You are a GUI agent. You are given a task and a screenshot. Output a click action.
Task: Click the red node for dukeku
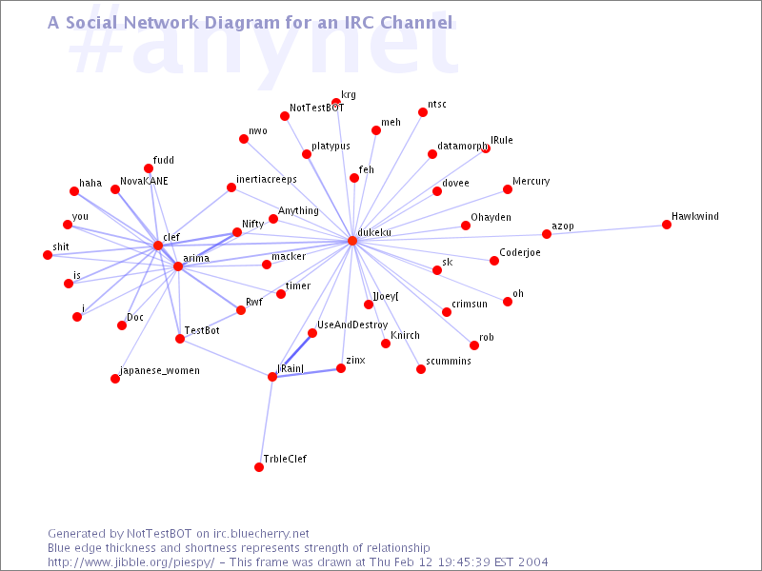tap(352, 241)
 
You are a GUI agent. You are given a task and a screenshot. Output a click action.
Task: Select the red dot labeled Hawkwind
tap(667, 225)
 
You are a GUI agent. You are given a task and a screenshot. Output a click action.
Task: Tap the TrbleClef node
tap(258, 467)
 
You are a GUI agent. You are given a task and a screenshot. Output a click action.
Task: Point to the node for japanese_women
tap(115, 379)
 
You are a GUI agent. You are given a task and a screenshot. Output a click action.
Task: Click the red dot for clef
tap(158, 246)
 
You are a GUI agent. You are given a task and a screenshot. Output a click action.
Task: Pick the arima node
tap(178, 266)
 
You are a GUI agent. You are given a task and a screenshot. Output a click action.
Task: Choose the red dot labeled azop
tap(547, 234)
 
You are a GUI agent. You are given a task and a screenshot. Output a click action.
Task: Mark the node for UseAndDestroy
tap(312, 333)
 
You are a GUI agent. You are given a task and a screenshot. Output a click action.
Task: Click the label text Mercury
tap(531, 181)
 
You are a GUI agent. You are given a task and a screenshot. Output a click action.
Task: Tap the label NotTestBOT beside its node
tap(316, 108)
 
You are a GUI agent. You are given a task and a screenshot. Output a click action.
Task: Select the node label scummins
tap(449, 361)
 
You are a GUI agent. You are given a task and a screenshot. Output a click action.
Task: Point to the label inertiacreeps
tap(267, 179)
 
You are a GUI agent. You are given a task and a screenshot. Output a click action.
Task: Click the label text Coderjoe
tap(520, 252)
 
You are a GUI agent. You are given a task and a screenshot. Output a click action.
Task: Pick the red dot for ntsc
tap(423, 112)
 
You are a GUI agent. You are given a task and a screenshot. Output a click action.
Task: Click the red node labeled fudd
tap(149, 168)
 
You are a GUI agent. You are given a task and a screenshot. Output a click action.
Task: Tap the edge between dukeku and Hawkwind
tap(510, 233)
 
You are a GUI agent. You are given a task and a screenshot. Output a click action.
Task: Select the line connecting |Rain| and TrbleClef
tap(266, 422)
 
